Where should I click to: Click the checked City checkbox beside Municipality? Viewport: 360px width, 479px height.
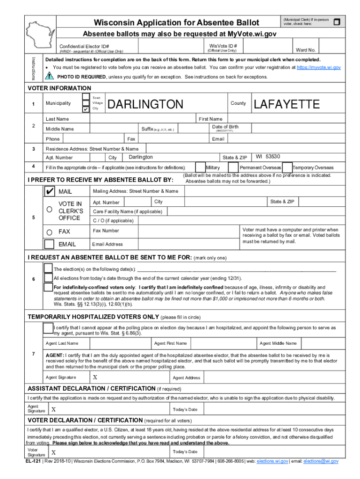(x=86, y=109)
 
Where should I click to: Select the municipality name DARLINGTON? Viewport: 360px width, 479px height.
(x=145, y=104)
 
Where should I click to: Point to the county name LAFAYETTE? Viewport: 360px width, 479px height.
(x=286, y=104)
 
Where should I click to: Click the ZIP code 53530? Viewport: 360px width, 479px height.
(x=273, y=157)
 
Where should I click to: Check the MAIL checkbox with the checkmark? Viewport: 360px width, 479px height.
(x=49, y=192)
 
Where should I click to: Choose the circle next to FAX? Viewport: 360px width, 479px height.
(x=49, y=232)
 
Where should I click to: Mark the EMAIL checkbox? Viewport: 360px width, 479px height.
(x=49, y=244)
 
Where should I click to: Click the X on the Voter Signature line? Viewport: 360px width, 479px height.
(x=54, y=452)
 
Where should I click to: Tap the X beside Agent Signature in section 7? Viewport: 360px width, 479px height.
(x=95, y=377)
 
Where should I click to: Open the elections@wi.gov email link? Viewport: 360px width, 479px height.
(x=321, y=461)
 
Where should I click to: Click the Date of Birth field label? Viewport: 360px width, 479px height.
(x=225, y=127)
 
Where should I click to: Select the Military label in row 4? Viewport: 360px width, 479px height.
(x=213, y=168)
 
